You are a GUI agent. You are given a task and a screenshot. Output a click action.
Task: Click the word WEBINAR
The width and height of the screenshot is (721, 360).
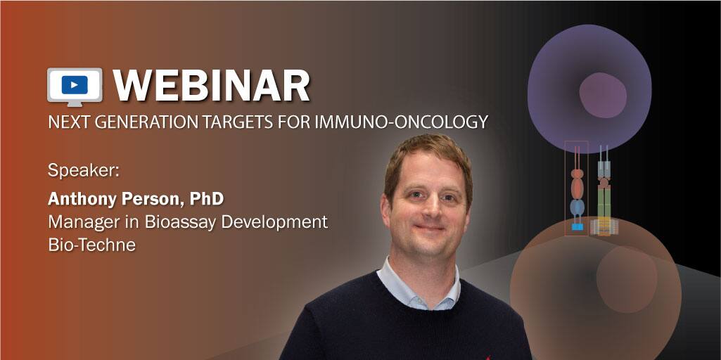pos(212,86)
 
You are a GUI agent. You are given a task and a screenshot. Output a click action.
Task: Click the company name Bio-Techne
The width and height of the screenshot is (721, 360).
pos(91,245)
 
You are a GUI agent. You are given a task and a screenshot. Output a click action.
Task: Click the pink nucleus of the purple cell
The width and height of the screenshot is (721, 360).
pos(603,95)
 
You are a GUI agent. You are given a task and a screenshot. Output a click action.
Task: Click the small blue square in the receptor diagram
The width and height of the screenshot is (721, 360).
pos(577,227)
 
